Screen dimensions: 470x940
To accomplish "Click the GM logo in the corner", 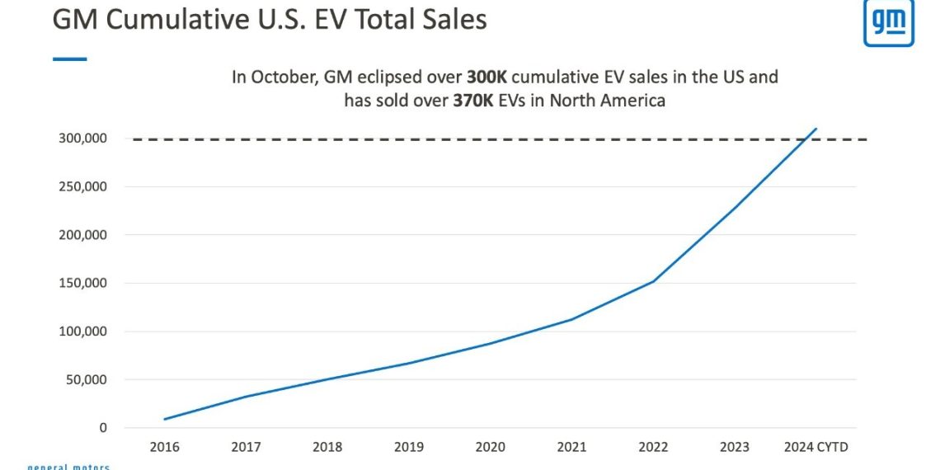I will [888, 22].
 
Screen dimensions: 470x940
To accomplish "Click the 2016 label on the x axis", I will [164, 448].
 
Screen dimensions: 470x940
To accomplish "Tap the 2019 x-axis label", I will [409, 448].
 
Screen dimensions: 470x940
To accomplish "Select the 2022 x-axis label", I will [653, 448].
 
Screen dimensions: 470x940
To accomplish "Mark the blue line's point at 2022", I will [653, 281].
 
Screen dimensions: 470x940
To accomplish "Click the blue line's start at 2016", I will [164, 419].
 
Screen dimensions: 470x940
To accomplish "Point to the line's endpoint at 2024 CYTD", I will [816, 129].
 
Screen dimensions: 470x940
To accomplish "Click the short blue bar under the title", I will [69, 59].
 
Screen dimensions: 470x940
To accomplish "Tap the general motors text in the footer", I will [68, 467].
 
